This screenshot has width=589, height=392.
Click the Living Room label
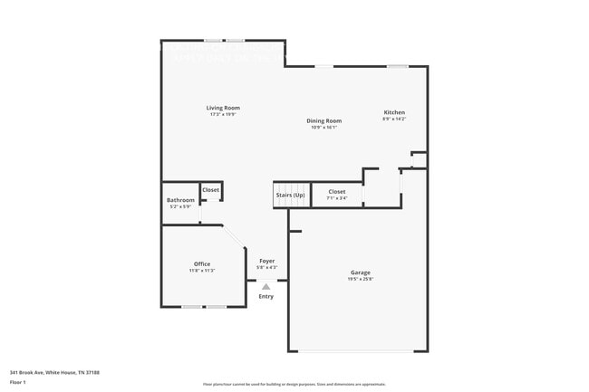coord(224,108)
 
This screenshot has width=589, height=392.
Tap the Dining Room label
coord(323,120)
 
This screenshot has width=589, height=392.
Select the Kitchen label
coord(394,112)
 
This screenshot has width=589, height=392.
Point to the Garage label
coord(360,272)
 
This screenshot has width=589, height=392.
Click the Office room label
coord(201,264)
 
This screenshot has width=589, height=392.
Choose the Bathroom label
coord(180,200)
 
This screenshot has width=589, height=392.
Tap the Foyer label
coord(266,261)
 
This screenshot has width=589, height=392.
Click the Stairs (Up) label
coord(290,194)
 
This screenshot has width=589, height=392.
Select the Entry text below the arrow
coord(266,296)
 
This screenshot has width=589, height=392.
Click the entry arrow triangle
coord(266,286)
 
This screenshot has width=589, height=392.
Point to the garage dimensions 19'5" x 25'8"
coord(360,280)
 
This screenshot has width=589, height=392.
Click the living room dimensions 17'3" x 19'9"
coord(224,115)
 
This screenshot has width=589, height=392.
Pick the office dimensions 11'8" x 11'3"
coord(201,271)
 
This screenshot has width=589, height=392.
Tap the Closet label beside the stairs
coord(336,192)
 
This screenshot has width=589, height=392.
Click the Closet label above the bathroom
coord(210,190)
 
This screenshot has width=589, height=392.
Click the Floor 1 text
coord(18,382)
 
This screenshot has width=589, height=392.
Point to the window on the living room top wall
coord(224,40)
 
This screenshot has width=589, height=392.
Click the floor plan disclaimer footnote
coord(294,384)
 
